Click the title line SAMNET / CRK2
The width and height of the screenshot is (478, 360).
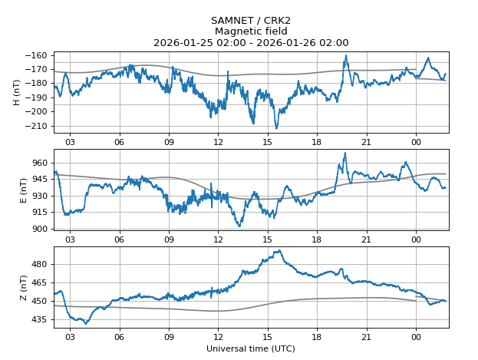point(251,20)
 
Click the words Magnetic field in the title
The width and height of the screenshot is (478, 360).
point(251,31)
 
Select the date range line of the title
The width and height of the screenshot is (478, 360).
point(251,43)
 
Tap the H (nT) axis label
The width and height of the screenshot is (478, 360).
point(17,92)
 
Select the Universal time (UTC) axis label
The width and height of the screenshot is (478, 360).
point(251,348)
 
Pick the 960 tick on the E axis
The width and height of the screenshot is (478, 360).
point(39,163)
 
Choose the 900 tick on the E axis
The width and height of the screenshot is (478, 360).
point(39,229)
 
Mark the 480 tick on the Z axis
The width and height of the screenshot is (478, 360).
point(39,264)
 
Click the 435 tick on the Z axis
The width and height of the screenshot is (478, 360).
point(39,319)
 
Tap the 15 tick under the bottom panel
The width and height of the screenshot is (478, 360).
point(268,336)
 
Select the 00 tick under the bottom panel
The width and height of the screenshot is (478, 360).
point(416,336)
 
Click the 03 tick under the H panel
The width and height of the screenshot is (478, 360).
point(70,142)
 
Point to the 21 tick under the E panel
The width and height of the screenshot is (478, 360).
point(367,239)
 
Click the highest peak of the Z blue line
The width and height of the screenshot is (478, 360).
point(280,250)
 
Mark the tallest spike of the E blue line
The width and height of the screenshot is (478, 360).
point(345,153)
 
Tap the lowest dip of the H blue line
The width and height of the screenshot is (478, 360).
point(276,128)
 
